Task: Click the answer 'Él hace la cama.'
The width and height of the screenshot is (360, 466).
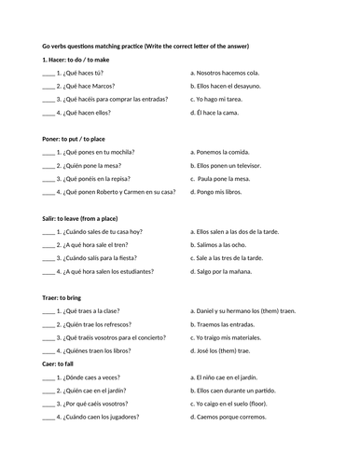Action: click(x=219, y=112)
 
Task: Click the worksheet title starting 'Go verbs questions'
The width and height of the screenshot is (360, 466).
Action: click(x=159, y=46)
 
